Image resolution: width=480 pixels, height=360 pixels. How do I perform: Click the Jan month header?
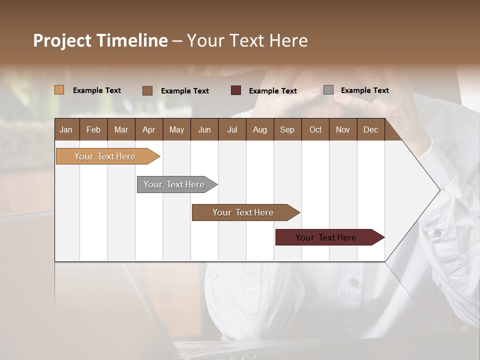coord(66,130)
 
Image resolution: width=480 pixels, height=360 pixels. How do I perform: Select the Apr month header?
coord(148,130)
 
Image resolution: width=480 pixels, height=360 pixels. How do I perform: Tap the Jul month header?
coord(232,130)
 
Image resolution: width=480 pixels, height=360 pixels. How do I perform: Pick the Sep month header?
coord(287,130)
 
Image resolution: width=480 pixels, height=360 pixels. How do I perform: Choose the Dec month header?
coord(370,130)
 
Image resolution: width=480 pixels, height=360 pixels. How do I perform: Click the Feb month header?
coord(93,130)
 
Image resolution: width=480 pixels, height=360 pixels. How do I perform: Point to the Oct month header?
coord(315,130)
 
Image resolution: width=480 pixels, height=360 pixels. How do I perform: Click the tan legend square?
coord(59,90)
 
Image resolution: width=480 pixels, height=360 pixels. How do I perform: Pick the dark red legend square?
coord(236,90)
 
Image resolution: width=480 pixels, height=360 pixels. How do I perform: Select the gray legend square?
coord(328,90)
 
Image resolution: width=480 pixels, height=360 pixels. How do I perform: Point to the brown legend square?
coord(147,90)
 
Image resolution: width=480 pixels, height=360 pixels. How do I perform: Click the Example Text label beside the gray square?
coord(364,90)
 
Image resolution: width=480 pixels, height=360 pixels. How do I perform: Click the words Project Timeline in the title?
coord(100,40)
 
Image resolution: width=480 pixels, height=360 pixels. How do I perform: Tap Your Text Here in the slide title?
coord(247,40)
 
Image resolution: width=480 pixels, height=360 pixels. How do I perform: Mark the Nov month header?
coord(343,130)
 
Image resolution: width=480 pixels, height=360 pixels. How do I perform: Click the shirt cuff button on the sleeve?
coord(437,233)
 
